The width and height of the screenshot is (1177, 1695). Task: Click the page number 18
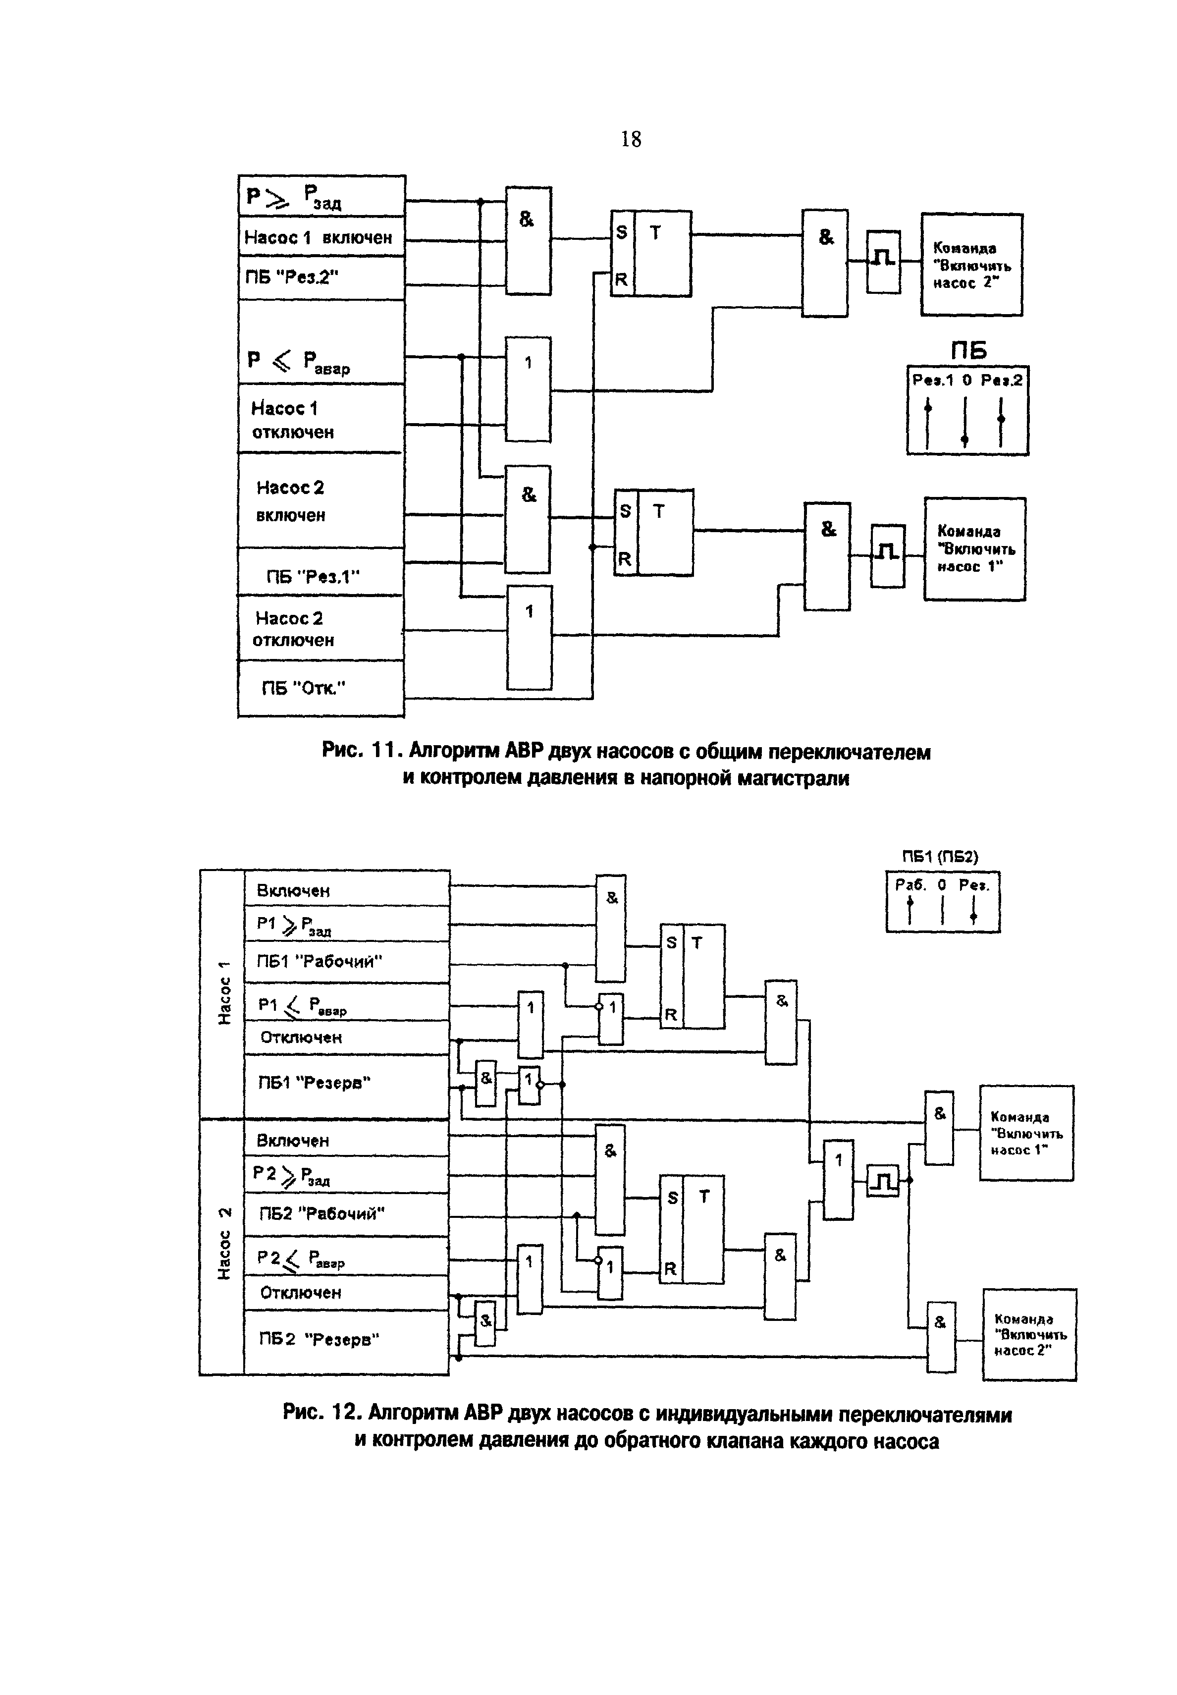pyautogui.click(x=631, y=139)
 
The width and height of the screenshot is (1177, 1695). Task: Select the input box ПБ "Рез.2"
pyautogui.click(x=321, y=277)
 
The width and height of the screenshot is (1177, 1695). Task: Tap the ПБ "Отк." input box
pyautogui.click(x=321, y=688)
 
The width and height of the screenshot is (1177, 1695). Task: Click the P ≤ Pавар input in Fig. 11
pyautogui.click(x=321, y=361)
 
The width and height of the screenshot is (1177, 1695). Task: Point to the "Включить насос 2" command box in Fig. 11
pyautogui.click(x=971, y=265)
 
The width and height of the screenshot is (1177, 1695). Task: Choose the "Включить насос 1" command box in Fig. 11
pyautogui.click(x=974, y=549)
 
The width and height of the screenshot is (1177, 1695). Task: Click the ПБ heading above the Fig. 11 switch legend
pyautogui.click(x=968, y=350)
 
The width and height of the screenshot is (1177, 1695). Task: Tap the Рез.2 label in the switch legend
pyautogui.click(x=1002, y=380)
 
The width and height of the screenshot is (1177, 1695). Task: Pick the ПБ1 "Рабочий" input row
pyautogui.click(x=347, y=962)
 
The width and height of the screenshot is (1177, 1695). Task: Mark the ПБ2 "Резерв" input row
pyautogui.click(x=347, y=1339)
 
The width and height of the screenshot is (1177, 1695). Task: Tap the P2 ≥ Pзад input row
pyautogui.click(x=347, y=1174)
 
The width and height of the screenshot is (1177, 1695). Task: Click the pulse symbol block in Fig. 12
pyautogui.click(x=883, y=1181)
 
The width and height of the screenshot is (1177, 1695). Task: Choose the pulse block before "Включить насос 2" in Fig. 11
pyautogui.click(x=883, y=261)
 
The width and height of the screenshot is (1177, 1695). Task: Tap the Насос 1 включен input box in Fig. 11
pyautogui.click(x=321, y=237)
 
